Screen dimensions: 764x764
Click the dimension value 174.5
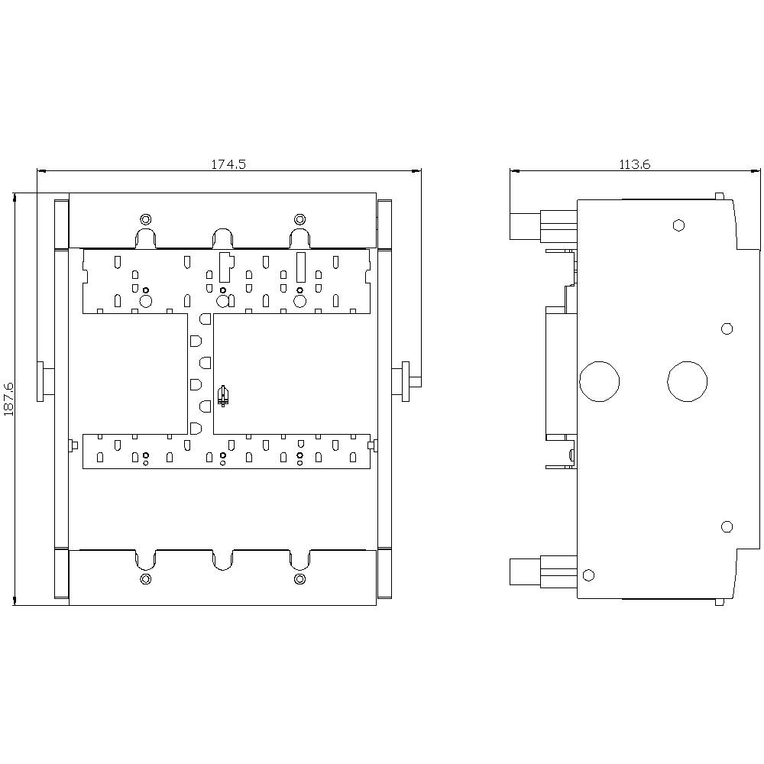click(228, 163)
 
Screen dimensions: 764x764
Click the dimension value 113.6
click(635, 163)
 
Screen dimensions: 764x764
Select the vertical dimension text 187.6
click(9, 399)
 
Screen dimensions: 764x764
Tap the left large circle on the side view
click(600, 380)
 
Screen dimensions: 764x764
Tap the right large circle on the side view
click(688, 380)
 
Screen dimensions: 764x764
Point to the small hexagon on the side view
click(678, 225)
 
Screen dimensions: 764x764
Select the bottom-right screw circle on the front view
click(299, 578)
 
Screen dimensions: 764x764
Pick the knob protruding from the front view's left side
click(46, 380)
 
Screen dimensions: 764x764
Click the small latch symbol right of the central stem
click(223, 396)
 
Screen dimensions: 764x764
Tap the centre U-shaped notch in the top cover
click(222, 238)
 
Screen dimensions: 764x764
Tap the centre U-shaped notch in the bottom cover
click(222, 559)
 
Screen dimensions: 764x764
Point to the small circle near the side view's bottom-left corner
click(588, 575)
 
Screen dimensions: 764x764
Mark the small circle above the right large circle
click(727, 329)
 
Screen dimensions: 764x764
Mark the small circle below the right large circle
click(727, 526)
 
